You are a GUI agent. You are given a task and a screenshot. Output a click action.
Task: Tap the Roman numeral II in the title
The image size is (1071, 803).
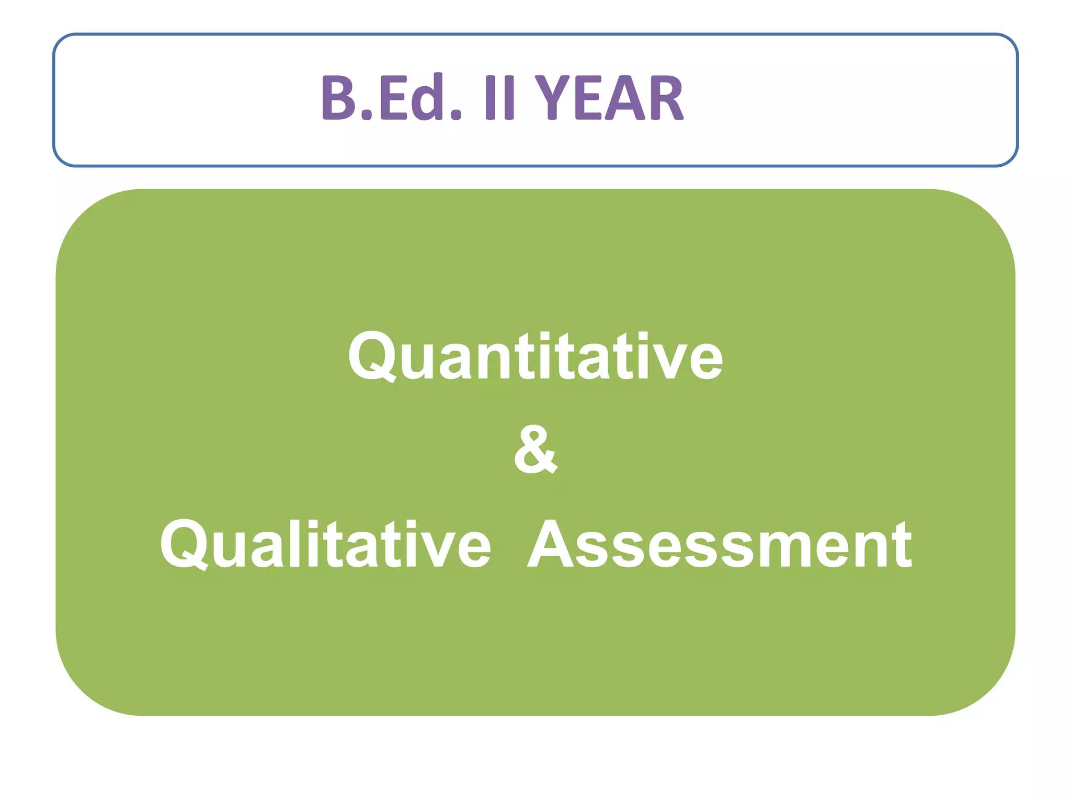point(500,98)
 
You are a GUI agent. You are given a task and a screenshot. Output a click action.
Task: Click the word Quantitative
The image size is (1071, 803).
point(535,357)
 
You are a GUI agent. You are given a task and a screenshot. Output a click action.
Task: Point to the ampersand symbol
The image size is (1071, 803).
point(535,450)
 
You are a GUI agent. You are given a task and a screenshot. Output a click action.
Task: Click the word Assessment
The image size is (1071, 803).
point(720,545)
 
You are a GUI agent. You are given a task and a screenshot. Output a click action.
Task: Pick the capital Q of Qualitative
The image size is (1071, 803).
point(185,545)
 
